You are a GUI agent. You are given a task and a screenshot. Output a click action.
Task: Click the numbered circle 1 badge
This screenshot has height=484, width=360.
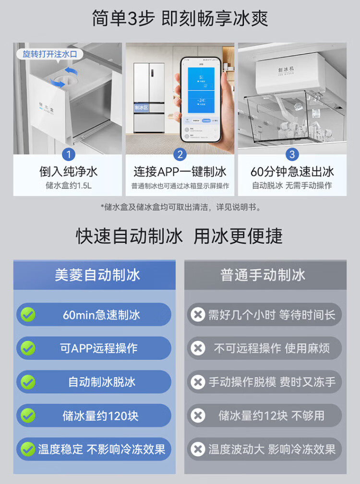(x=69, y=155)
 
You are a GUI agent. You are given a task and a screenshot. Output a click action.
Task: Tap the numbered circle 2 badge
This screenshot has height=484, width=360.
(x=180, y=155)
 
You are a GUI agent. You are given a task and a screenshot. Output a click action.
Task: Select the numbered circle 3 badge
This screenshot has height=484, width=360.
(x=292, y=155)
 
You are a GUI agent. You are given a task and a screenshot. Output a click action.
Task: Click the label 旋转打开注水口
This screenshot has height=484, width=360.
(x=50, y=54)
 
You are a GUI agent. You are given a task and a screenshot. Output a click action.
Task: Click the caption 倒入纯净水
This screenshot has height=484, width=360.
(x=69, y=171)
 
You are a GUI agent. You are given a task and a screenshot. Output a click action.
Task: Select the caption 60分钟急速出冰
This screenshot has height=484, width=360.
(x=292, y=171)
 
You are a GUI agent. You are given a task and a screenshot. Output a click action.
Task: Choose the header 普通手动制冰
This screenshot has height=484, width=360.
(x=263, y=275)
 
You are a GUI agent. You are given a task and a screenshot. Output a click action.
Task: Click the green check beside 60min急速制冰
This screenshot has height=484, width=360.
(x=27, y=315)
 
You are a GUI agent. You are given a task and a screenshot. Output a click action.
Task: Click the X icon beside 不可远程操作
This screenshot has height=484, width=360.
(x=197, y=349)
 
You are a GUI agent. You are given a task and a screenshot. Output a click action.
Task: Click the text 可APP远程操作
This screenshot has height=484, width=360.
(x=98, y=349)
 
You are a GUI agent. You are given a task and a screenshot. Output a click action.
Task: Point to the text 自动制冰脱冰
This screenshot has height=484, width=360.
(x=101, y=382)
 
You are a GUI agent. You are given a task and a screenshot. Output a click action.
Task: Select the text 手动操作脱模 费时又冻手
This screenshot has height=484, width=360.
(x=272, y=382)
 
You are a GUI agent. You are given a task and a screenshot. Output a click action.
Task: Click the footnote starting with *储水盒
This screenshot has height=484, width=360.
(x=180, y=207)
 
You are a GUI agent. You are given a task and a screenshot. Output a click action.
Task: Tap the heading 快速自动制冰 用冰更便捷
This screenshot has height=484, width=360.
(x=180, y=236)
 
